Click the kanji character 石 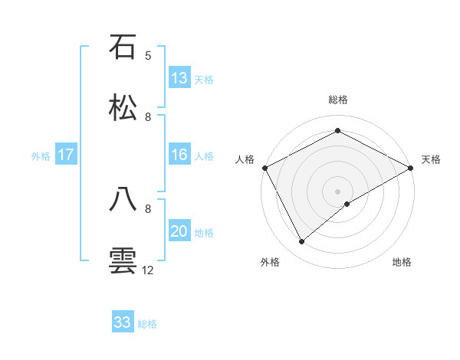(x=123, y=47)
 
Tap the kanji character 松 (x=123, y=107)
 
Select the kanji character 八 (x=123, y=199)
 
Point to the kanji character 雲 (x=123, y=260)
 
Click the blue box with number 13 (x=179, y=78)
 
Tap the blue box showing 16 (x=179, y=155)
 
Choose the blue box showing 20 (x=179, y=232)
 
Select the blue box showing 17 (x=66, y=155)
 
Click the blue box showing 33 (x=123, y=322)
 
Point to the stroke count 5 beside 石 (x=148, y=55)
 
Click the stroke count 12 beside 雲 (x=148, y=270)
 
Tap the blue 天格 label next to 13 (x=203, y=79)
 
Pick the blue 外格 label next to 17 (x=41, y=156)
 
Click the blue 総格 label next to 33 (x=147, y=323)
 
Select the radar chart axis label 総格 (x=338, y=100)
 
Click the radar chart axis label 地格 (x=402, y=263)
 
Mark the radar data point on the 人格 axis (x=264, y=167)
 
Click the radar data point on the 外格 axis (x=302, y=241)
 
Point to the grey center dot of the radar (x=337, y=191)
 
